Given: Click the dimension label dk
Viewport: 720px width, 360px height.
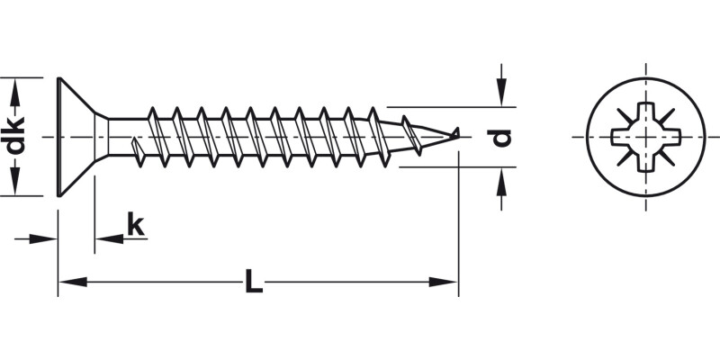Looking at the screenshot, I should tap(15, 136).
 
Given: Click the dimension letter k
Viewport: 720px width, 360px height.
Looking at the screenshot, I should tap(135, 224).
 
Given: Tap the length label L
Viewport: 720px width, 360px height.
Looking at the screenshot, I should tap(254, 283).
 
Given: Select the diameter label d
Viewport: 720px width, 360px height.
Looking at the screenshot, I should tap(501, 137).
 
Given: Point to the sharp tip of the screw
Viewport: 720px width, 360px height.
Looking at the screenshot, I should tap(458, 134).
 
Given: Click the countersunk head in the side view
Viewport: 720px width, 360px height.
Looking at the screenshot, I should tap(76, 136).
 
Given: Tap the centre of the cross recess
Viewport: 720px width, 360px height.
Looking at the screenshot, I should tap(645, 137).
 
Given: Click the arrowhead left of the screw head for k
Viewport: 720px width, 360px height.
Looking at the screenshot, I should tap(45, 239).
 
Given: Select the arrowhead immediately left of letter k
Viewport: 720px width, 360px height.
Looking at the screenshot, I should tap(108, 239).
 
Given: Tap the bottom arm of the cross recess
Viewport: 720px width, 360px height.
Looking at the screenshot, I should tap(645, 163).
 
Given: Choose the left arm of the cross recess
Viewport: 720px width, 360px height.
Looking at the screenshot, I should tap(619, 137).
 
